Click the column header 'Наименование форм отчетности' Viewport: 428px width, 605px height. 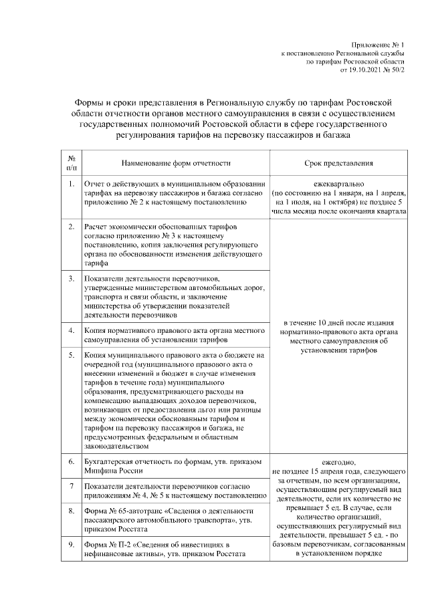pyautogui.click(x=176, y=162)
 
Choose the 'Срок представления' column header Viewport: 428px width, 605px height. pyautogui.click(x=338, y=162)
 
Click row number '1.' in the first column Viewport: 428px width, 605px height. pyautogui.click(x=71, y=183)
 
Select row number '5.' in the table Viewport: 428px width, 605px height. pyautogui.click(x=71, y=354)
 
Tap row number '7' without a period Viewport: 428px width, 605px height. pyautogui.click(x=71, y=485)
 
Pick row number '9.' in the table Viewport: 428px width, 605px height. pyautogui.click(x=71, y=544)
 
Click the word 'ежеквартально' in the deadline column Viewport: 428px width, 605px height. pyautogui.click(x=338, y=183)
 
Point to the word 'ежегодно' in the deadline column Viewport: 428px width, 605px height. pyautogui.click(x=338, y=461)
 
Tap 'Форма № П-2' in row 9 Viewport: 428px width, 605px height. pyautogui.click(x=107, y=544)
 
